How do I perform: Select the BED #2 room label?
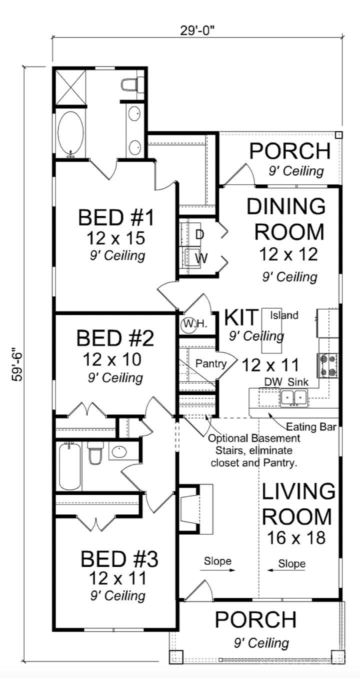coord(115,338)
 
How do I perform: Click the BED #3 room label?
coord(119,559)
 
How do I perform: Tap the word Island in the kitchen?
coord(284,315)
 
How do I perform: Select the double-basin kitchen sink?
coord(293,397)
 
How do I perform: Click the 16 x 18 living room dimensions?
coord(296,537)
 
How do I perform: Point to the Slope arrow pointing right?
coord(217,569)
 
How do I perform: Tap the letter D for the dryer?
coord(199,234)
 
